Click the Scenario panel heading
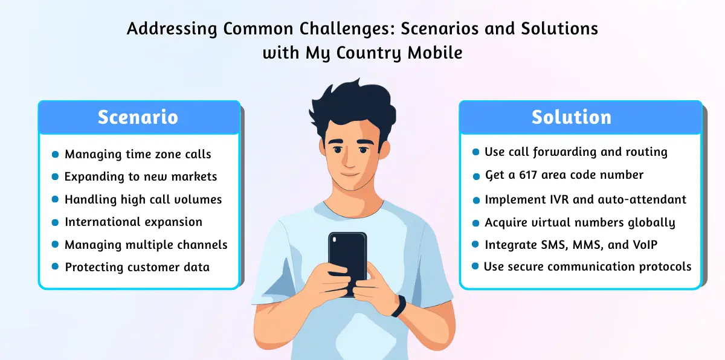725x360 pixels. [138, 117]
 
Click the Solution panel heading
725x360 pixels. [572, 117]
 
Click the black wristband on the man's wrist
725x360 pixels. [399, 306]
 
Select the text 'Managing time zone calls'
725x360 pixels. [138, 154]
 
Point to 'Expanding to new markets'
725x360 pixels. [141, 176]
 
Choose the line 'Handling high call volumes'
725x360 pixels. [143, 199]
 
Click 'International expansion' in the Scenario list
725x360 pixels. [134, 222]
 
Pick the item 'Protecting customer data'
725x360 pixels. [137, 267]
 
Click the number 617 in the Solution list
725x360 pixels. [528, 175]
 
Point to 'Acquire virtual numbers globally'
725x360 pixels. [580, 223]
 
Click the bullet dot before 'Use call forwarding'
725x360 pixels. [476, 152]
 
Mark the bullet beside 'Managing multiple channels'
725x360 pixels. [56, 245]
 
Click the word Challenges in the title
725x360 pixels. [347, 29]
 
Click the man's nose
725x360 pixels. [348, 160]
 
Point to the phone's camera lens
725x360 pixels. [334, 240]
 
